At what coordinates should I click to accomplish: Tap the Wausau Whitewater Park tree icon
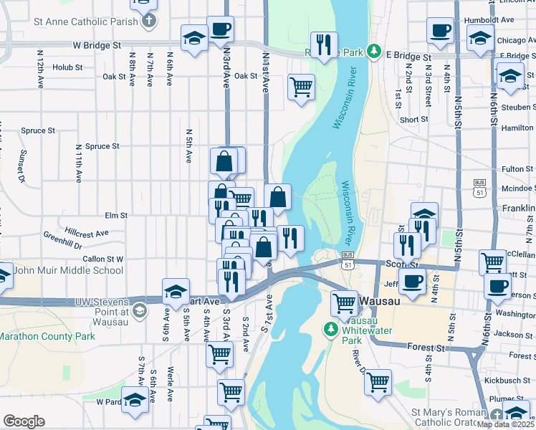pyautogui.click(x=330, y=330)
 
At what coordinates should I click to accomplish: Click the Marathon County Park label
pyautogui.click(x=47, y=335)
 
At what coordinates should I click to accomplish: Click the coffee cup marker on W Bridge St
pyautogui.click(x=221, y=30)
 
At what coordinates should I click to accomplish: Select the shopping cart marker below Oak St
pyautogui.click(x=302, y=87)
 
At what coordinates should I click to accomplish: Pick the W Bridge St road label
pyautogui.click(x=97, y=45)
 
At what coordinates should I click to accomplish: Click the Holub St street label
pyautogui.click(x=67, y=67)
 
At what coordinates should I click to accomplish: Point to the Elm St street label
pyautogui.click(x=115, y=215)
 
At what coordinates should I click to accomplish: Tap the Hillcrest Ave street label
pyautogui.click(x=86, y=233)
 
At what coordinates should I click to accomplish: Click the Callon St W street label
pyautogui.click(x=104, y=259)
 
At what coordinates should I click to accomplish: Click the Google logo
pyautogui.click(x=24, y=421)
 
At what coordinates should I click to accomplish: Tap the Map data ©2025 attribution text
pyautogui.click(x=506, y=424)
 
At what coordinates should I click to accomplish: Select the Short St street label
pyautogui.click(x=414, y=120)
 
